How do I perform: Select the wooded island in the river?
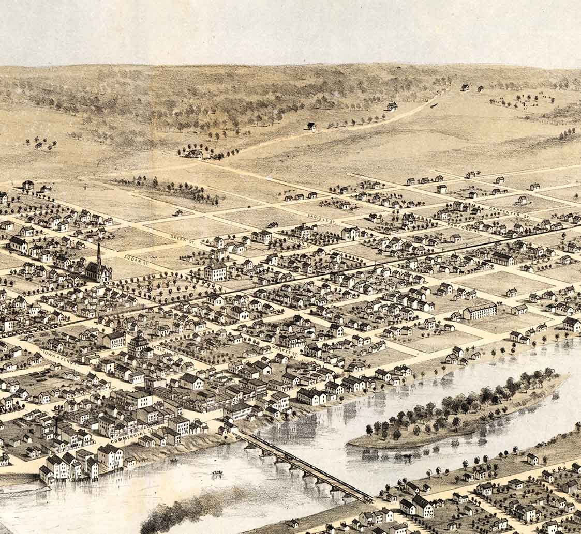pos(455,408)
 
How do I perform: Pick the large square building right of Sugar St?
pos(215,271)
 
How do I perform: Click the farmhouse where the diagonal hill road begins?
pos(194,154)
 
